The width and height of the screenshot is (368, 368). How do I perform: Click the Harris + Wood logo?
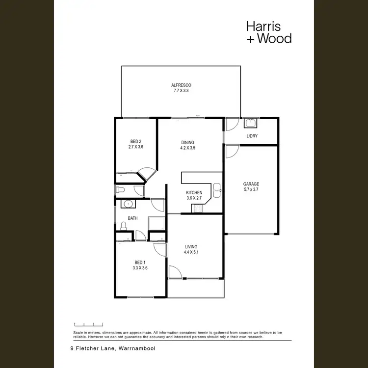tap(268, 32)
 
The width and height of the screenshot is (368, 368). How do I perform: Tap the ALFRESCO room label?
tap(182, 85)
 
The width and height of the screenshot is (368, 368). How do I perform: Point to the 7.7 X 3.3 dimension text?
tap(182, 91)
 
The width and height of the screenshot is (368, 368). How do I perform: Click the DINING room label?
tap(188, 143)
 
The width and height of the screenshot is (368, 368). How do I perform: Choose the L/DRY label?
tap(252, 136)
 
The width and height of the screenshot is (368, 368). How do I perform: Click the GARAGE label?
tap(251, 184)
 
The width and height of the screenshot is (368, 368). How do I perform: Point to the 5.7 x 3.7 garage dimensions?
tap(251, 189)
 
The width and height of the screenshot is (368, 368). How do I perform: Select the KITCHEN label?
tap(194, 192)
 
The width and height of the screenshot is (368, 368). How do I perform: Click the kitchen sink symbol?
tap(216, 189)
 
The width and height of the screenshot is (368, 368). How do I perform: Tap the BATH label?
tap(132, 218)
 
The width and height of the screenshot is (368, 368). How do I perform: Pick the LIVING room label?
tap(191, 247)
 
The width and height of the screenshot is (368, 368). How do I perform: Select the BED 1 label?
tap(140, 263)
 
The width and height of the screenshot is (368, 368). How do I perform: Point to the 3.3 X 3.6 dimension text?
tap(140, 268)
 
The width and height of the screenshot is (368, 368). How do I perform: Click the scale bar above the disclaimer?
tap(88, 324)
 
